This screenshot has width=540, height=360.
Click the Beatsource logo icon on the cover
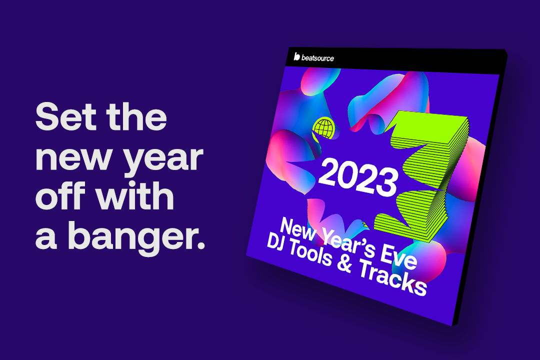[x=296, y=56]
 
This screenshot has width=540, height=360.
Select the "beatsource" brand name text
[x=317, y=58]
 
